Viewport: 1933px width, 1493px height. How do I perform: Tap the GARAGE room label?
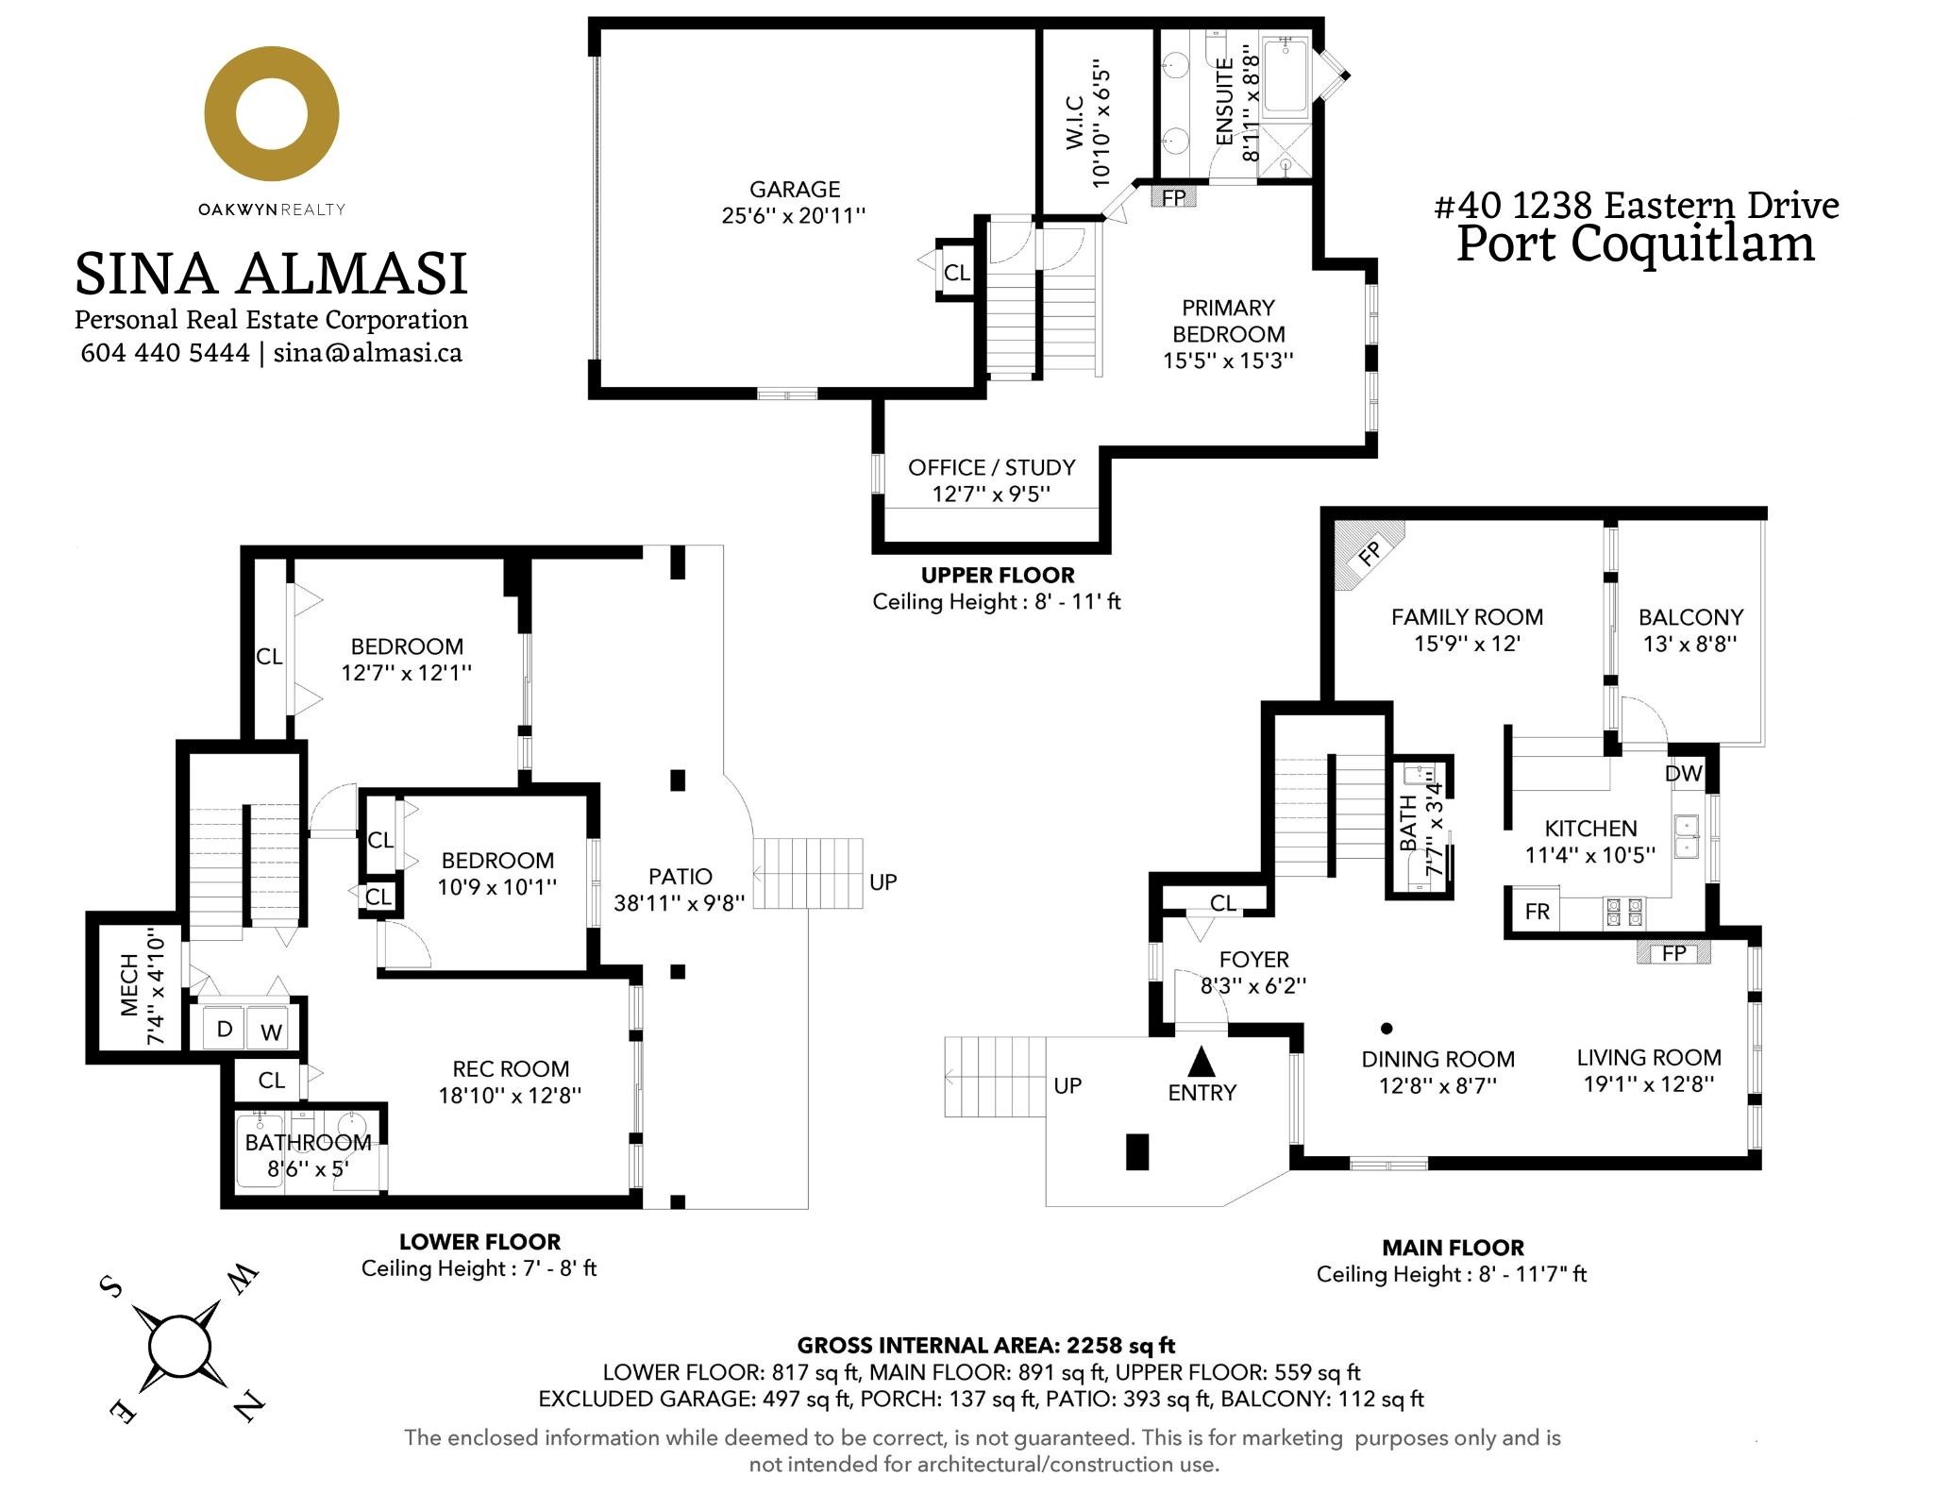(x=795, y=190)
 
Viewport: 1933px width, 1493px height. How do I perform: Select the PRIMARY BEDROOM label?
(x=1228, y=321)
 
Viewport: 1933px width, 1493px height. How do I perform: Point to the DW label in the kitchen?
(x=1684, y=774)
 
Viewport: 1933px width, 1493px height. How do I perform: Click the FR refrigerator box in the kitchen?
(x=1538, y=911)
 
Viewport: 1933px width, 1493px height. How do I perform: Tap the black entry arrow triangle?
(x=1201, y=1062)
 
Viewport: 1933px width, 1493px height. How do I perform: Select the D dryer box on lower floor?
(x=225, y=1029)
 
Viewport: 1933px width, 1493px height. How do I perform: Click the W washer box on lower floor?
(x=272, y=1032)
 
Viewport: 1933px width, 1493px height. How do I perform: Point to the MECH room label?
(x=129, y=985)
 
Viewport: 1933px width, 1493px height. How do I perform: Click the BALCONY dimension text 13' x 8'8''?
(x=1689, y=644)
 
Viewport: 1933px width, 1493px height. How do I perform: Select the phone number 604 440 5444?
(x=165, y=352)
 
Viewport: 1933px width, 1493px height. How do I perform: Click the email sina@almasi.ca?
(x=368, y=352)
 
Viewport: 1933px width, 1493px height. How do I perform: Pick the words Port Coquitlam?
(x=1636, y=243)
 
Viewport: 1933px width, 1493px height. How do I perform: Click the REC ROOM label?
(x=511, y=1069)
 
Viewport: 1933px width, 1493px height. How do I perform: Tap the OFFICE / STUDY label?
(x=992, y=467)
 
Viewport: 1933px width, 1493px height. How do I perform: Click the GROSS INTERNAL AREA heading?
(x=986, y=1345)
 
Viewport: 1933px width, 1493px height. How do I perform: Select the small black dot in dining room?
(x=1387, y=1029)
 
